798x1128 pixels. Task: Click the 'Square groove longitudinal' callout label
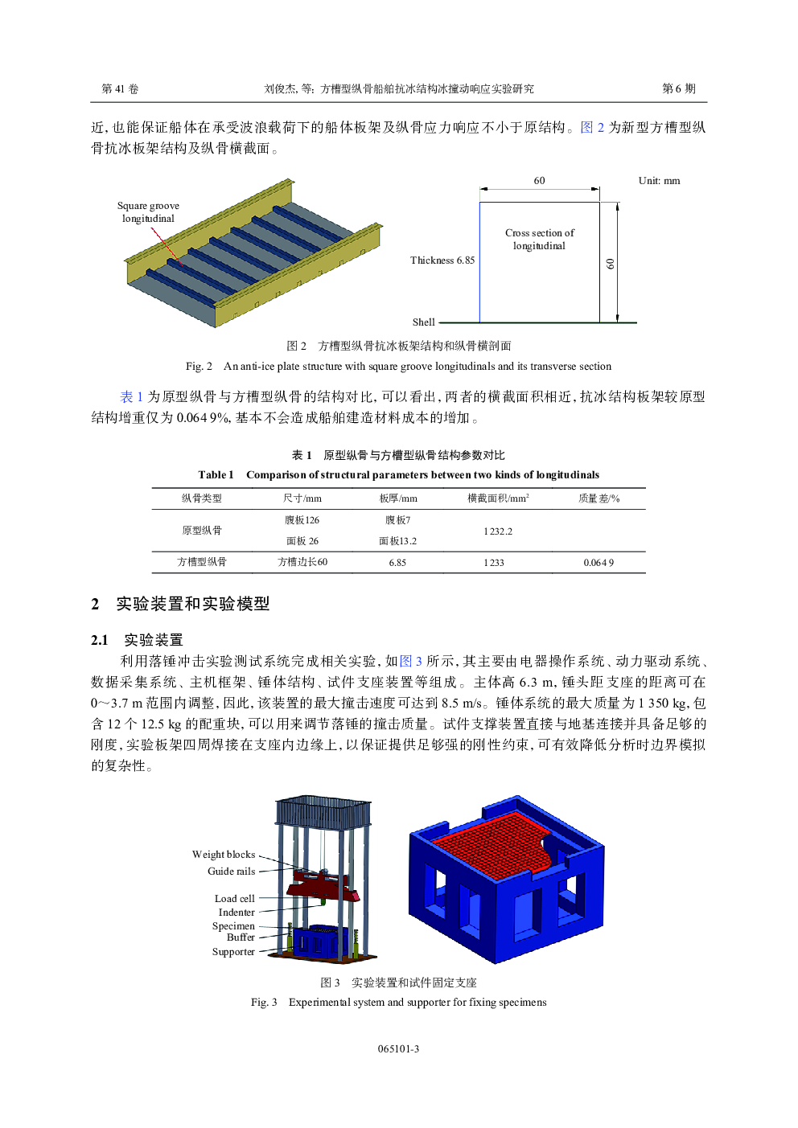coord(148,212)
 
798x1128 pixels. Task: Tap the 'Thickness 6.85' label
coord(442,260)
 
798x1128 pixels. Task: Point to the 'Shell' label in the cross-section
coord(423,322)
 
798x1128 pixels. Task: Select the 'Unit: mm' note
coord(659,181)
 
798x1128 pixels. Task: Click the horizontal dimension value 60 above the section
coord(539,181)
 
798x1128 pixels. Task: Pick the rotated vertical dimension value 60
coord(611,264)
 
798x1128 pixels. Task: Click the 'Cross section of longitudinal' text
coord(540,240)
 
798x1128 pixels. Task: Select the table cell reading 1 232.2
coord(498,531)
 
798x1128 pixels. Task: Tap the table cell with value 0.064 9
coord(598,563)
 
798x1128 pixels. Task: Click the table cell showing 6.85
coord(397,563)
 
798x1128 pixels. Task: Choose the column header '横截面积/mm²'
coord(498,498)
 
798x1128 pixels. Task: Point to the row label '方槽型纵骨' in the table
coord(202,562)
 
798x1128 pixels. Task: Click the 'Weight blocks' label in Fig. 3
coord(224,855)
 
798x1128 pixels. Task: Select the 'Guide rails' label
coord(231,872)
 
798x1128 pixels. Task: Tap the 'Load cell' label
coord(234,899)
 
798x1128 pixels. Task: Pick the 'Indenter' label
coord(237,913)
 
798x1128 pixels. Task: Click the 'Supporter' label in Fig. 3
coord(233,952)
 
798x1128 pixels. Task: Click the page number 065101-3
coord(398,1049)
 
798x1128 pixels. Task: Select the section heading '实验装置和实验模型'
coord(193,604)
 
